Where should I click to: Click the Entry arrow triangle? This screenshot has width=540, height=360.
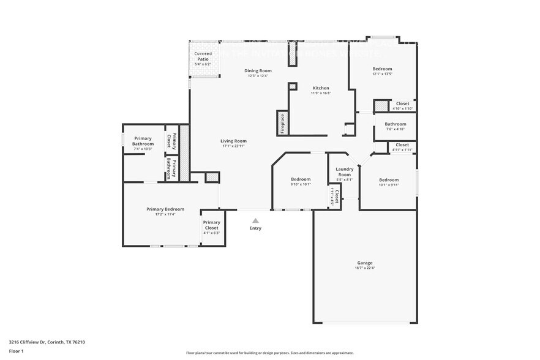255,220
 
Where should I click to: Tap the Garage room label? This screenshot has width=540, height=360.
365,263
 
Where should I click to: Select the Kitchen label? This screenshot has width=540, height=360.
321,88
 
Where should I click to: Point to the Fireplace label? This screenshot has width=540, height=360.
282,123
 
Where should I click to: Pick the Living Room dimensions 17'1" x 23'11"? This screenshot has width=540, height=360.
233,146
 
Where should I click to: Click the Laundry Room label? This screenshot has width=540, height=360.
345,171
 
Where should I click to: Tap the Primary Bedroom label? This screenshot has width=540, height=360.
165,209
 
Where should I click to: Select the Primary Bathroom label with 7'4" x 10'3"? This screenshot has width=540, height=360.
143,144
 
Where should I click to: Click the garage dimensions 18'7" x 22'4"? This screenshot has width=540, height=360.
365,268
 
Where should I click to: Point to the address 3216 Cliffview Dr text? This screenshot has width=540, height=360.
47,342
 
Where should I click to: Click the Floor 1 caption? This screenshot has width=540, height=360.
16,351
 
